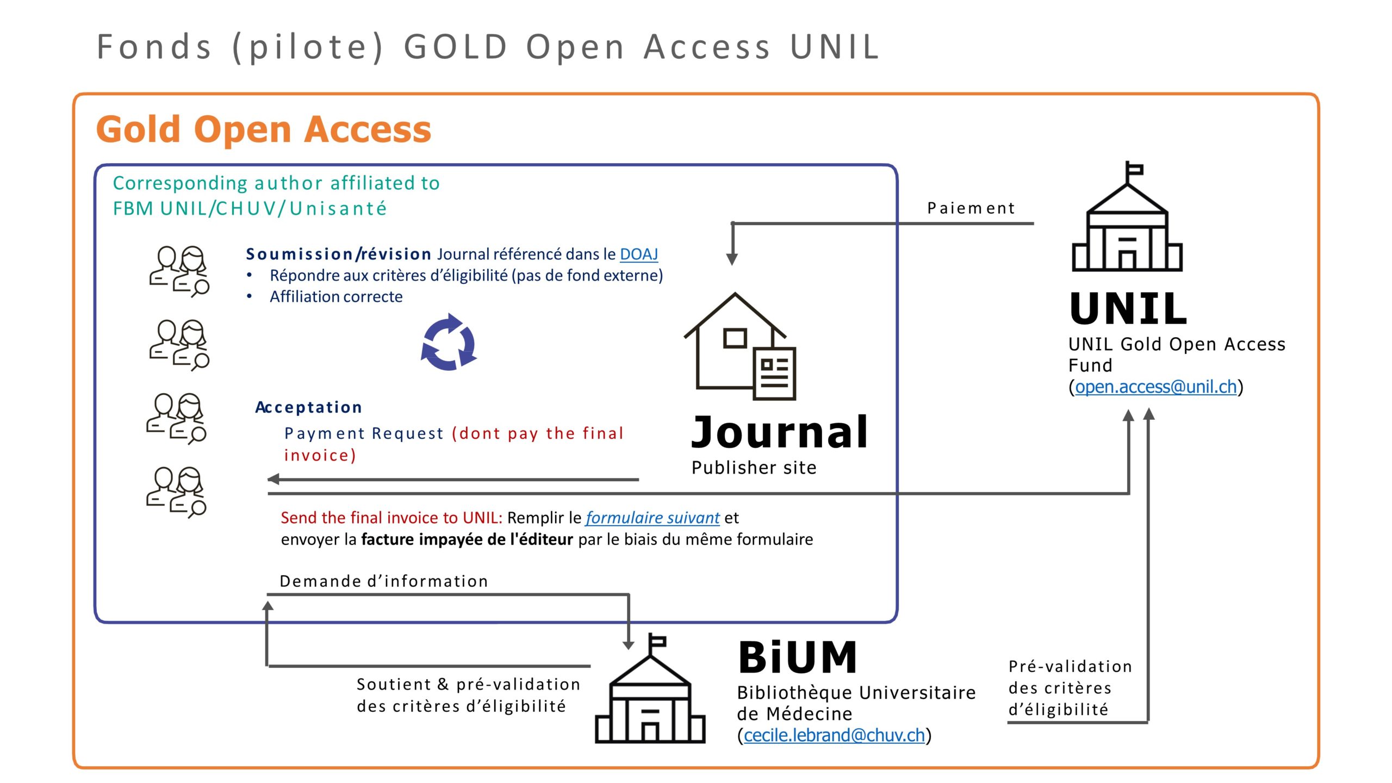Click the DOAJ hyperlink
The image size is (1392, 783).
638,254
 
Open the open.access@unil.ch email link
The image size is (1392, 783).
1155,387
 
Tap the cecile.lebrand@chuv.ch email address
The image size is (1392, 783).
834,735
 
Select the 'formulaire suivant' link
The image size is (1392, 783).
652,518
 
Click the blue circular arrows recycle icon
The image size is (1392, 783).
449,342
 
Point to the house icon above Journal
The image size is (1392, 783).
740,346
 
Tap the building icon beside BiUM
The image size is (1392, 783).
650,688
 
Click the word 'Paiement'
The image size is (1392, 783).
971,208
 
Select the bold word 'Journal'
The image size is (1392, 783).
779,432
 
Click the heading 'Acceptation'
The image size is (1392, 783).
308,407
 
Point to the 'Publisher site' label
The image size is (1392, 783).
754,468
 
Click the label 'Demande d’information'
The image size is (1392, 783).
384,581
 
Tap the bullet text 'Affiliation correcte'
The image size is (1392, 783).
336,297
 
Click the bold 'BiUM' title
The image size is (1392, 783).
798,657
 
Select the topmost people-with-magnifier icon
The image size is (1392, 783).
179,271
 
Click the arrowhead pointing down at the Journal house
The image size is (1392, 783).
732,259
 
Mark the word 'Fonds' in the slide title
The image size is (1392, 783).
154,47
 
